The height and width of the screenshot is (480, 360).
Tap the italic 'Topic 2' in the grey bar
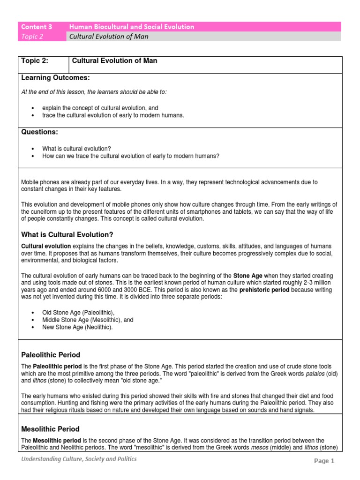pyautogui.click(x=32, y=37)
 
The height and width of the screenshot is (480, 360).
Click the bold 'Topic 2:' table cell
pyautogui.click(x=35, y=61)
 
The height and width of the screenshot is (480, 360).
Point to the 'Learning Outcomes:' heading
pyautogui.click(x=55, y=77)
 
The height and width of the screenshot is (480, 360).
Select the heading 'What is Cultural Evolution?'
pyautogui.click(x=67, y=234)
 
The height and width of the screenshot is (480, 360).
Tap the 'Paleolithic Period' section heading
pyautogui.click(x=51, y=355)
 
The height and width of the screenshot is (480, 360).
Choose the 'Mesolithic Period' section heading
pyautogui.click(x=51, y=429)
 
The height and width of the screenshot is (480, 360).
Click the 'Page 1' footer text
pyautogui.click(x=324, y=461)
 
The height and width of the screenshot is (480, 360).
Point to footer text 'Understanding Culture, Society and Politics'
pyautogui.click(x=79, y=459)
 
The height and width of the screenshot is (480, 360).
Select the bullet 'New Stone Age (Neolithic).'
pyautogui.click(x=77, y=327)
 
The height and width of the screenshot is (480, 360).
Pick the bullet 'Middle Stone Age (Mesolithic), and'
pyautogui.click(x=88, y=320)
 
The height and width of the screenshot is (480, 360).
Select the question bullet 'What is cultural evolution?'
pyautogui.click(x=76, y=149)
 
